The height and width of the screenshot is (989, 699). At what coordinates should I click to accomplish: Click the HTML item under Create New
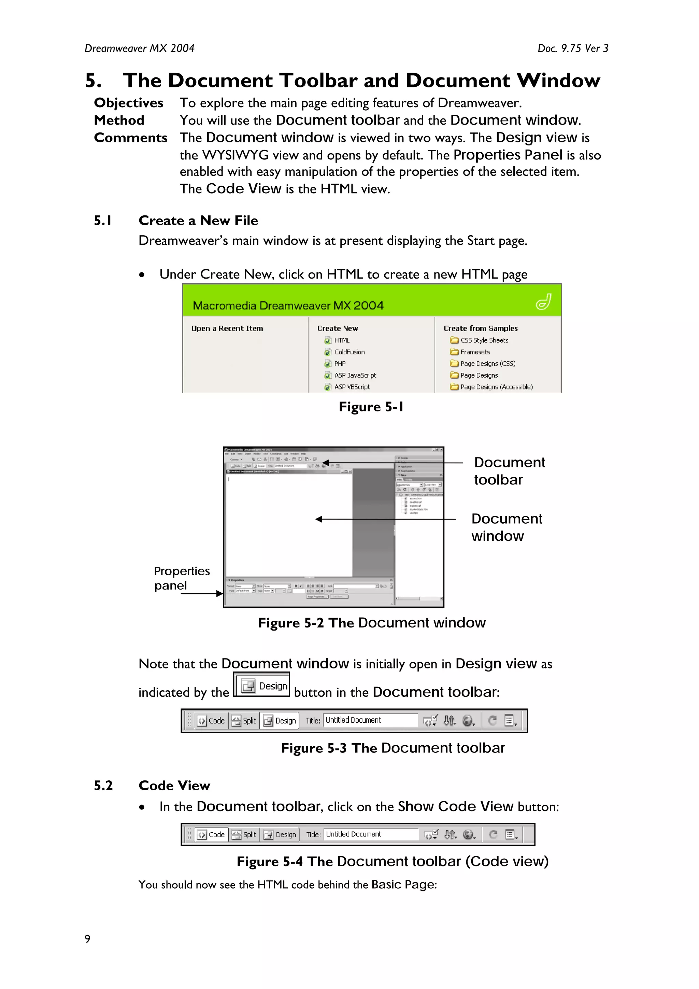tap(342, 340)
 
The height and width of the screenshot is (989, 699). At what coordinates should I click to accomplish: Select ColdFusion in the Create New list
tap(349, 352)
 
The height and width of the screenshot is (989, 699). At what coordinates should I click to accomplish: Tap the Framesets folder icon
tap(454, 352)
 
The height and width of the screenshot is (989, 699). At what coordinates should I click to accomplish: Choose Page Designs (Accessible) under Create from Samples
tap(496, 387)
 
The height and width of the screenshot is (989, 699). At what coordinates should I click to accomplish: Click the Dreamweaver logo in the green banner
tap(543, 301)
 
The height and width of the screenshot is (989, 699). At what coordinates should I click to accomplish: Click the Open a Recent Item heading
tap(227, 328)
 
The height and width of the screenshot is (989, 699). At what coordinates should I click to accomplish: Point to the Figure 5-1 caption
tap(371, 407)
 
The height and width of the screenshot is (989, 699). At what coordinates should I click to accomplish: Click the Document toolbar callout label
tap(509, 471)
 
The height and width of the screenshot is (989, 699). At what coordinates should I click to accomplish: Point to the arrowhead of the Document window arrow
tap(319, 520)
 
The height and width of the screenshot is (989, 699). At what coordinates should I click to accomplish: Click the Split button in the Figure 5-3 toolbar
tap(244, 721)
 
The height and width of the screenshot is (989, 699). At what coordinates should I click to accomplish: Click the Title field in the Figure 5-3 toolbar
tap(370, 720)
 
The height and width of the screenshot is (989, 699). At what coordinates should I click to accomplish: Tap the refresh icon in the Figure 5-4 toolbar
tap(494, 835)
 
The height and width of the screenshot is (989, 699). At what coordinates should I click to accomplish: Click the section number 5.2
tap(103, 786)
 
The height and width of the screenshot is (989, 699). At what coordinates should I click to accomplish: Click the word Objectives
tap(128, 103)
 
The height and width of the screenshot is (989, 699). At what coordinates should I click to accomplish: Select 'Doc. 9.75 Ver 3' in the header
tap(573, 48)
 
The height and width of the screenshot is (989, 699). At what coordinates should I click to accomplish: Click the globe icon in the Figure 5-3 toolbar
tap(467, 720)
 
